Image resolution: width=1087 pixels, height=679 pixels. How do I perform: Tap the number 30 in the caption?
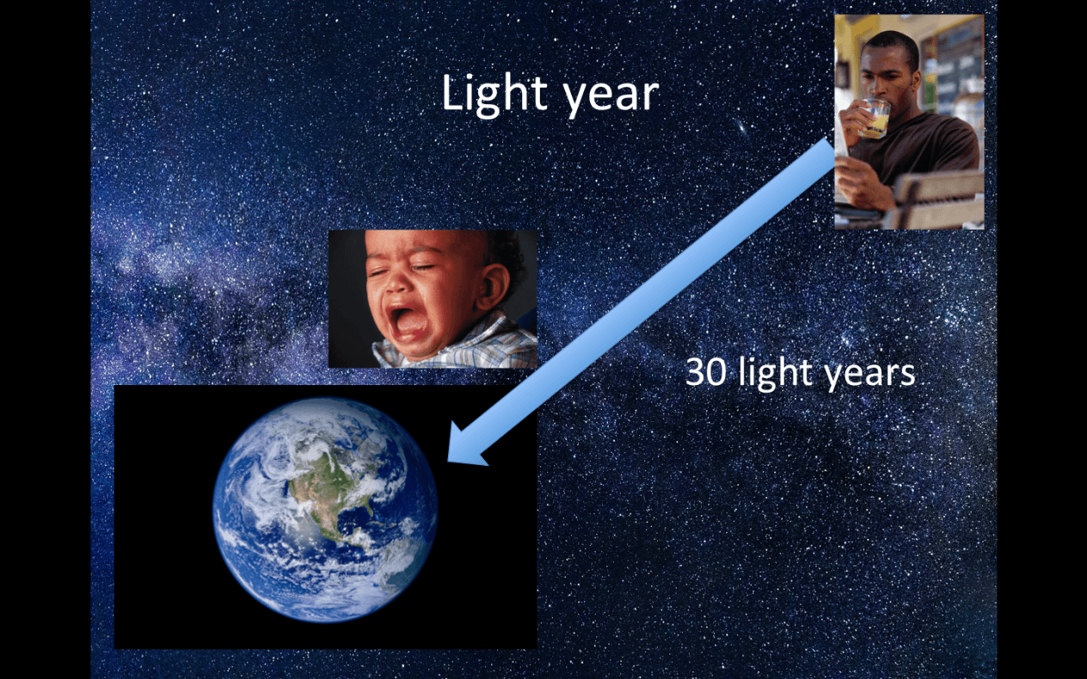707,372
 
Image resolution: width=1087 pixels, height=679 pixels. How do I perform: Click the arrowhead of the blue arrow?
467,446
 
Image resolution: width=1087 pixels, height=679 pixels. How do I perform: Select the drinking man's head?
889,65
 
